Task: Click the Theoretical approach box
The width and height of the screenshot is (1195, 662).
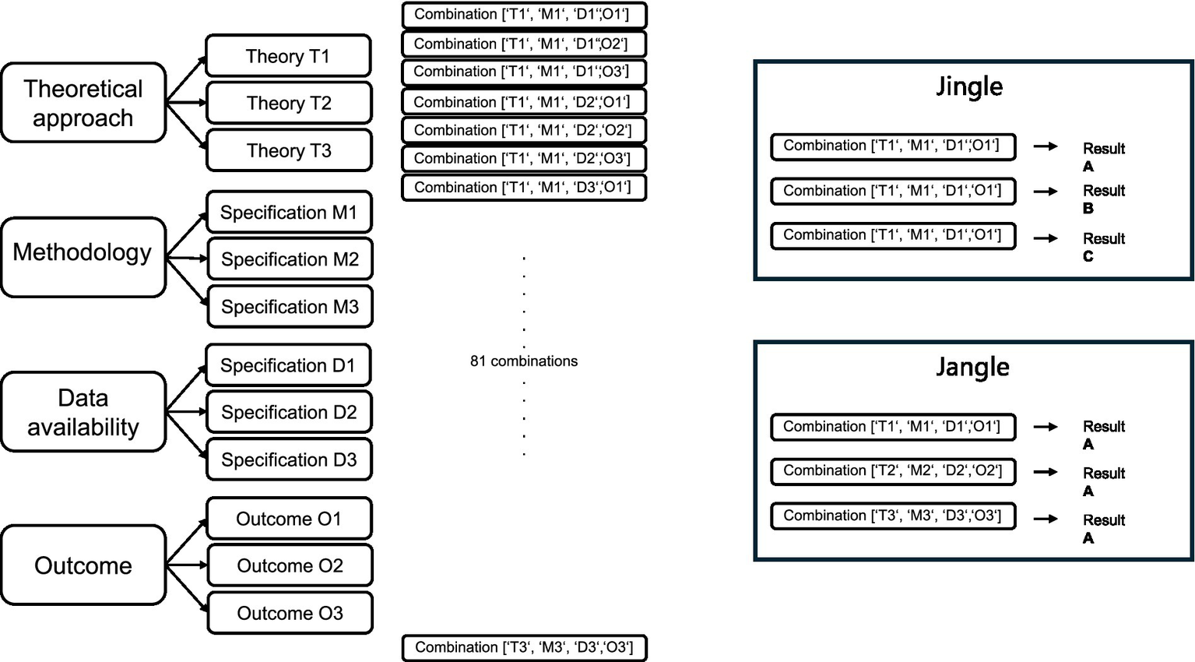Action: pos(83,103)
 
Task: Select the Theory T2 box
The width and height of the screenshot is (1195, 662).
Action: pos(289,103)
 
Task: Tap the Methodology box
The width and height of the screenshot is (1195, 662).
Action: pos(83,256)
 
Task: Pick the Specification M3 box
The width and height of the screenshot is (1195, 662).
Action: pos(290,307)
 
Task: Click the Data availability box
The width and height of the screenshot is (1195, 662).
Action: pos(83,412)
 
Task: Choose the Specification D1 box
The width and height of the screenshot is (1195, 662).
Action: pos(288,365)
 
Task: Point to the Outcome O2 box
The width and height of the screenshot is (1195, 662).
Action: pos(290,565)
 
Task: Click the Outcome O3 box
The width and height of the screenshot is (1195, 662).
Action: pos(290,613)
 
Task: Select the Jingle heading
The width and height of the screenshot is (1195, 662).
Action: pos(969,86)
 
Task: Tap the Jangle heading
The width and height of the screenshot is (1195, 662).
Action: pos(972,366)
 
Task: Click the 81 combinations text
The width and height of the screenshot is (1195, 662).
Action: pos(524,361)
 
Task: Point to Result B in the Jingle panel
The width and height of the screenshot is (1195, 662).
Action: pos(1102,199)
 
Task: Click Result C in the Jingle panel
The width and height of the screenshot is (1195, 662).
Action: pos(1102,247)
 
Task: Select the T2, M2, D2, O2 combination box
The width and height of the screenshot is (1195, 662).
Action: pos(893,471)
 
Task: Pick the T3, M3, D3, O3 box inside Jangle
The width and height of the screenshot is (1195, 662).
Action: pos(893,516)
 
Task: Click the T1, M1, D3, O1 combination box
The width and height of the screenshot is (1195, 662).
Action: pos(524,188)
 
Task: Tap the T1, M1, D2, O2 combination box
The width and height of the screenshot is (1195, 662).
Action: pos(524,130)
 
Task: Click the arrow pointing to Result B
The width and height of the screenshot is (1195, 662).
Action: pos(1046,191)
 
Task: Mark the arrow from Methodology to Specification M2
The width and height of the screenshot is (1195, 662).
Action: pos(187,258)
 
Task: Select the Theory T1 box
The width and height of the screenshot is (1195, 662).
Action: pos(288,56)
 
